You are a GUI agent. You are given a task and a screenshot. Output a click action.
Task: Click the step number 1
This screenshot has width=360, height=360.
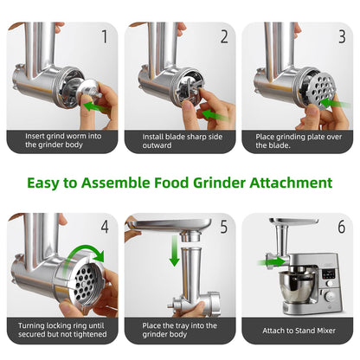pyautogui.click(x=105, y=36)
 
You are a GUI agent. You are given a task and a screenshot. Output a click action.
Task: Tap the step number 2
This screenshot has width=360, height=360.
pyautogui.click(x=224, y=36)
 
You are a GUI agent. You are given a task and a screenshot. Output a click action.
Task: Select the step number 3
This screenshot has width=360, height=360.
pyautogui.click(x=342, y=36)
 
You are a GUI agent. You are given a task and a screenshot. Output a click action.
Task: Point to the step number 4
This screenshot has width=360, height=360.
pyautogui.click(x=105, y=227)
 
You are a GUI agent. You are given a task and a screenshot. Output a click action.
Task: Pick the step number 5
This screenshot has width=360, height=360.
pyautogui.click(x=224, y=227)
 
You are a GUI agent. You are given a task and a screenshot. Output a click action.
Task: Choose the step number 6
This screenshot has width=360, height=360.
pyautogui.click(x=342, y=227)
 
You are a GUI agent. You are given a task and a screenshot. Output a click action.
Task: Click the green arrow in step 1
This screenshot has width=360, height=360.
pyautogui.click(x=96, y=106)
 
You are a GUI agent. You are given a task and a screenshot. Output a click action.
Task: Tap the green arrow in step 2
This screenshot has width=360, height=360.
pyautogui.click(x=215, y=115)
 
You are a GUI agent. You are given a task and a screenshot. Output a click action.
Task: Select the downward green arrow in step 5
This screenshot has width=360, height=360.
pyautogui.click(x=174, y=250)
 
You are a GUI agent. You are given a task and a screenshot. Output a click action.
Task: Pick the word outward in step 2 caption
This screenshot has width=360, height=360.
pyautogui.click(x=157, y=145)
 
